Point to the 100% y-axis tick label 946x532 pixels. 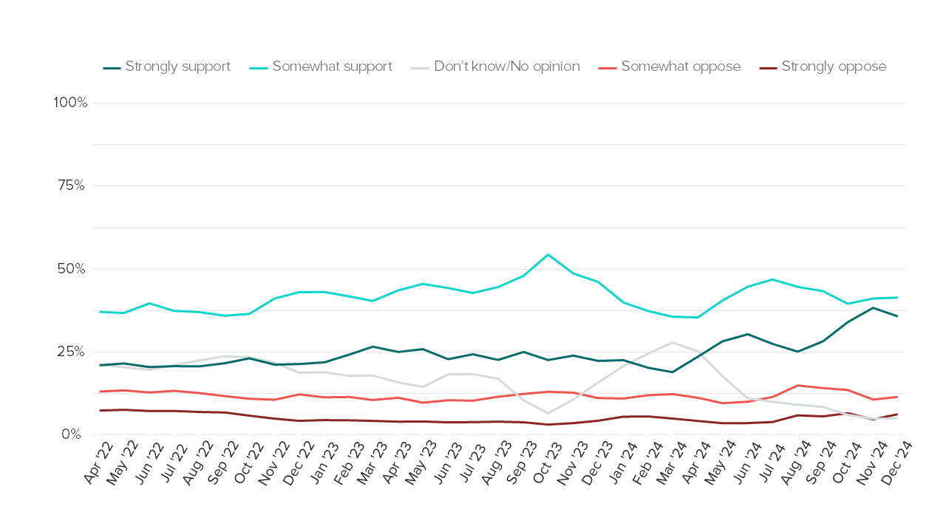coord(71,103)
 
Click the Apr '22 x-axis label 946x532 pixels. coord(98,465)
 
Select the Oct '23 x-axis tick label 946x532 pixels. coord(546,465)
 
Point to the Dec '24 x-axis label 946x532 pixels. coord(895,465)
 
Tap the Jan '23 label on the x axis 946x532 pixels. coord(322,465)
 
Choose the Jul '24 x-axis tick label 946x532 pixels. coord(771,465)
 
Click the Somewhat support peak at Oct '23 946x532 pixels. coord(548,255)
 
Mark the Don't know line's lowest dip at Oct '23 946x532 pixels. coord(548,413)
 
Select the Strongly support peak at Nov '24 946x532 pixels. coord(872,307)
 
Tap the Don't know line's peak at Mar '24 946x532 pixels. coord(672,342)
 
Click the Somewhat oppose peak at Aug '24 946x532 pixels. coord(797,385)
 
